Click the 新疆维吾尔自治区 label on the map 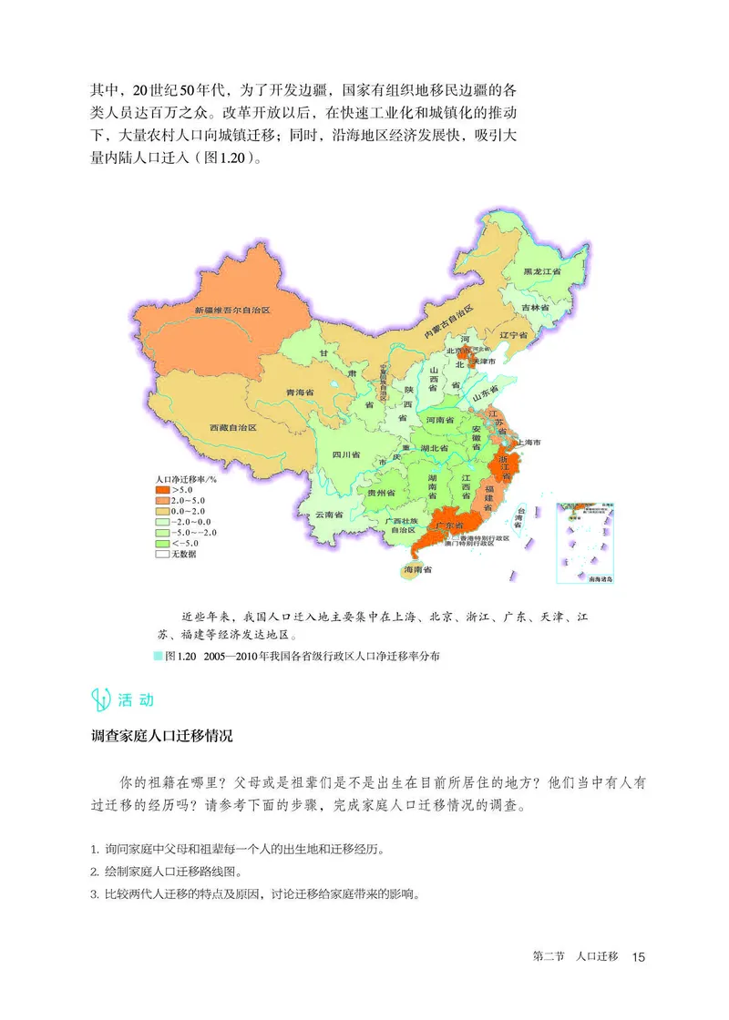point(232,311)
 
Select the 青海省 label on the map point(300,392)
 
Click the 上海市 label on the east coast point(529,443)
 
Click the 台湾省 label point(520,516)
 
